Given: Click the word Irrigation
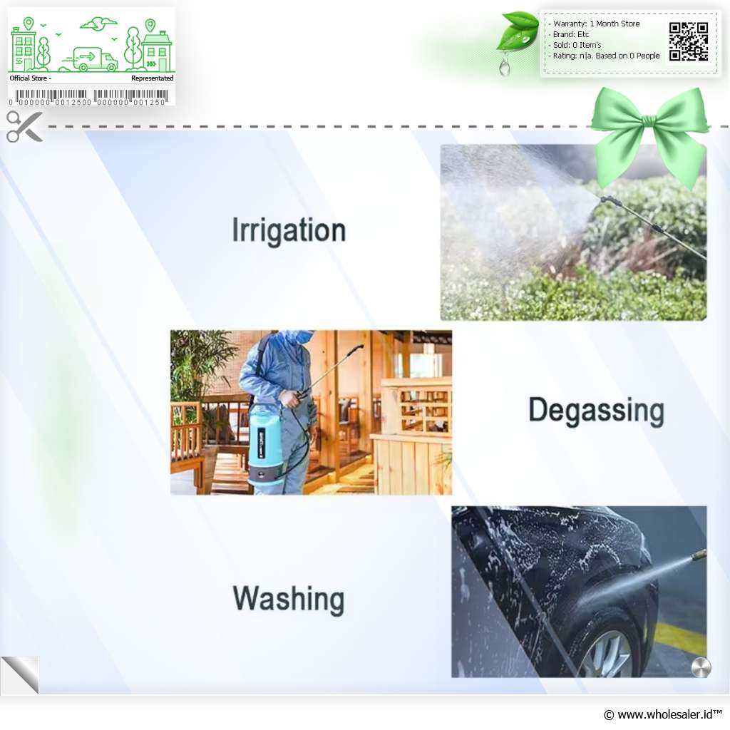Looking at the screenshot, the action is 289,230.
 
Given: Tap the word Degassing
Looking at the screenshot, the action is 597,411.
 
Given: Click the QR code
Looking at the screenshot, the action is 689,41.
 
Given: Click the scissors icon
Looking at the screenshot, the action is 24,126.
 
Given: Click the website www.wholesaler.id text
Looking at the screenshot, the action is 663,714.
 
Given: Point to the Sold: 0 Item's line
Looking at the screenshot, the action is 575,45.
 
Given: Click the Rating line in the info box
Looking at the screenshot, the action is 604,56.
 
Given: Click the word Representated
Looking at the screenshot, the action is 153,78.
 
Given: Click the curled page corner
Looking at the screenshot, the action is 21,674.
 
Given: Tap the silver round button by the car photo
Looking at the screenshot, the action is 701,667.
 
